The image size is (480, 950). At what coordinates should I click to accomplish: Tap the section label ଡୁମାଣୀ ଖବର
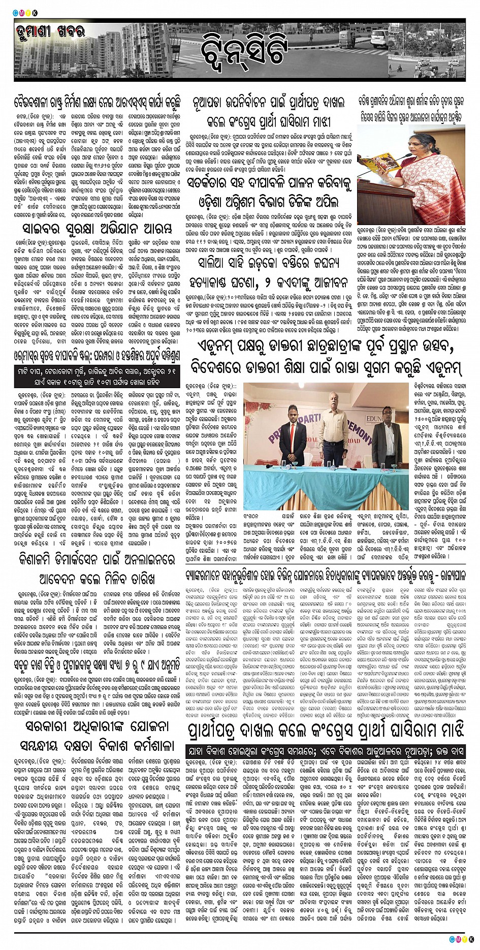50,33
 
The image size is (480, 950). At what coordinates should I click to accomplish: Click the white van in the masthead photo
378,37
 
